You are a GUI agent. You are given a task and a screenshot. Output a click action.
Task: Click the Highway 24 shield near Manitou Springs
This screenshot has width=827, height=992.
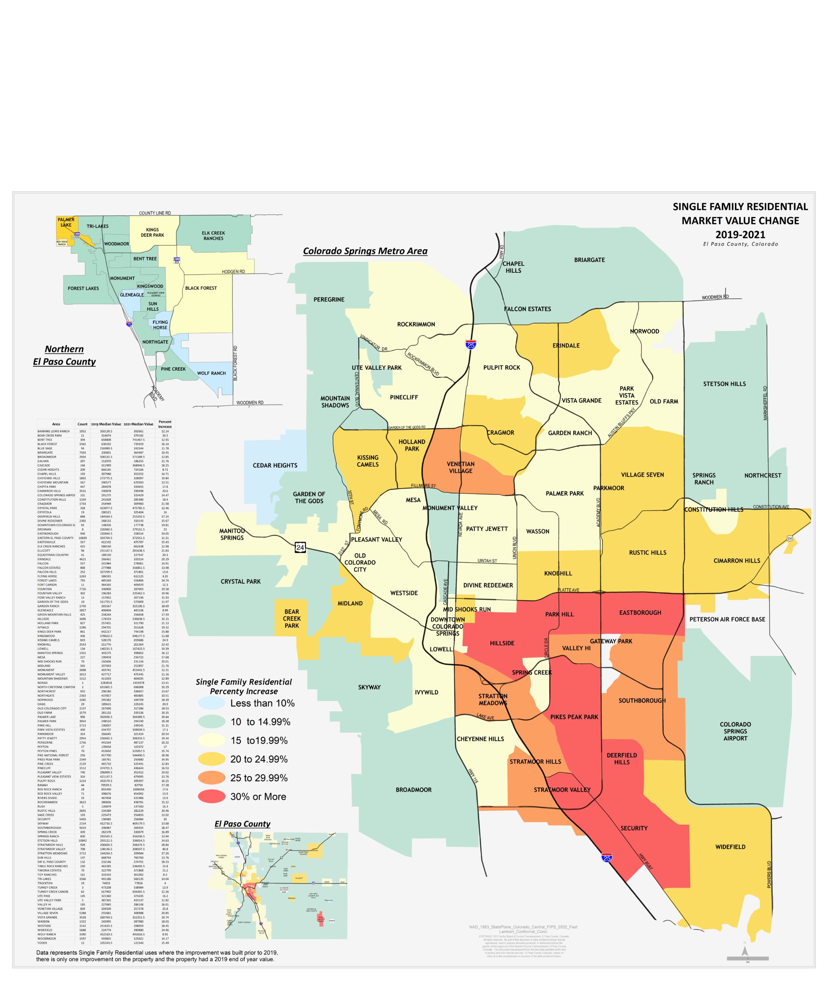click(300, 548)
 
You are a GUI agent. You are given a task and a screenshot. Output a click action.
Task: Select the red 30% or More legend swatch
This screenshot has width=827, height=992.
click(211, 796)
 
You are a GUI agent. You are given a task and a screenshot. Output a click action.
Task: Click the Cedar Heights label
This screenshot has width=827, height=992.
click(275, 465)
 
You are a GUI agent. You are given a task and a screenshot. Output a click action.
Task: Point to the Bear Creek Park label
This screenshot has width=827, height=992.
click(292, 618)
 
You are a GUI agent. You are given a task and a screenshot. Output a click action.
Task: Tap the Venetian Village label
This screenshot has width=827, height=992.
click(460, 467)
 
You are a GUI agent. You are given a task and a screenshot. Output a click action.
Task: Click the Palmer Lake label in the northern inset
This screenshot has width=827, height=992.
click(66, 222)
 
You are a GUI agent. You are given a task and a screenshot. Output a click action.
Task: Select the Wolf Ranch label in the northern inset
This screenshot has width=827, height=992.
click(211, 373)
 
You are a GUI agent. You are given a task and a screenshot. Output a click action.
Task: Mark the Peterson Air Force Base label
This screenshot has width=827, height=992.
click(727, 619)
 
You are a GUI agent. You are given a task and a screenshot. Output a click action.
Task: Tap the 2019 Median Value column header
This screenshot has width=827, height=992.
click(106, 424)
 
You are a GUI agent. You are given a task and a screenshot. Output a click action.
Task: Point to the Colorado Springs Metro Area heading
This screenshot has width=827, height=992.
click(365, 251)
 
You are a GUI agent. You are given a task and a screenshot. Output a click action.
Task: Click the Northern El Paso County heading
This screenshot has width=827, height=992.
click(64, 355)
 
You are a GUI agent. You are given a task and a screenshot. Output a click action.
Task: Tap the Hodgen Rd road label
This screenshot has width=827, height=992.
click(233, 272)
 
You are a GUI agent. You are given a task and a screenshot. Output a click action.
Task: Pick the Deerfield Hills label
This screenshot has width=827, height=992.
click(622, 758)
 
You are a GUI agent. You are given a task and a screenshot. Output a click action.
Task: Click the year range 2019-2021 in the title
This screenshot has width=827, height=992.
click(740, 234)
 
